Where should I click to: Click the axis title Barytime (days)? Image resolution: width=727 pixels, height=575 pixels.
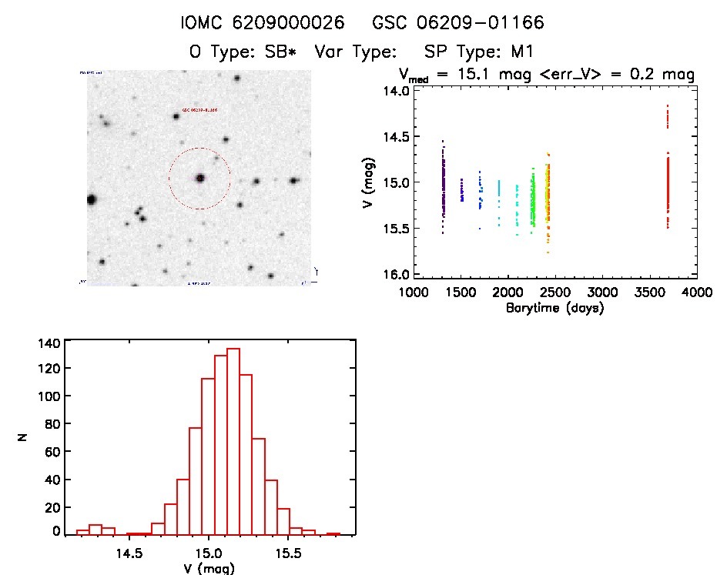tap(554, 308)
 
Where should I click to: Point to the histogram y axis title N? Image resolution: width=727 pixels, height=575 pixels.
tap(24, 436)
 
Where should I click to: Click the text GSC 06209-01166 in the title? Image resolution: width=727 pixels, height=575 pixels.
tap(458, 23)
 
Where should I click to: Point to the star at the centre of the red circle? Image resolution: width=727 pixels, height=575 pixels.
tap(200, 178)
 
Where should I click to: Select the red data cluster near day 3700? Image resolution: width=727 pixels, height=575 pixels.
tap(668, 185)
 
